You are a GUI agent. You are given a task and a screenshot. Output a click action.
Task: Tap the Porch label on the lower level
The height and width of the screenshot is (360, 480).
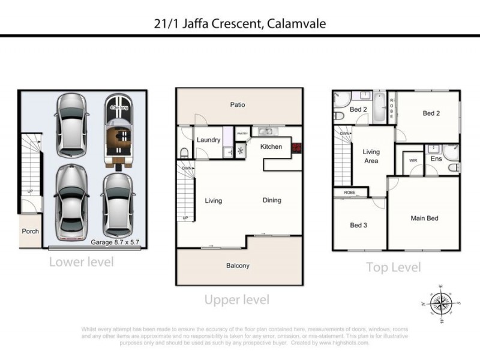[x=30, y=231]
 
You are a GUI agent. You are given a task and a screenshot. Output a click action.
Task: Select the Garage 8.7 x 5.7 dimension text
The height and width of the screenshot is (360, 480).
[x=115, y=244]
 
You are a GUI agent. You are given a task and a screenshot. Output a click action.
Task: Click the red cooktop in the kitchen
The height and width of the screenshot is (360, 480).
[x=295, y=146]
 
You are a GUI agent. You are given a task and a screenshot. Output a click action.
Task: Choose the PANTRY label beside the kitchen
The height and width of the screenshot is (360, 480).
[x=242, y=134]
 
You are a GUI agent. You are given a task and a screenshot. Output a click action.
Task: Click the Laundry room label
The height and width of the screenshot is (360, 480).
[x=208, y=140]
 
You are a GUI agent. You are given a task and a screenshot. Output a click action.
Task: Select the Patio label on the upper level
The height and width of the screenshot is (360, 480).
[x=238, y=105]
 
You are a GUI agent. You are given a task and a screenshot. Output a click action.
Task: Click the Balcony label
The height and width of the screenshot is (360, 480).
[x=238, y=265]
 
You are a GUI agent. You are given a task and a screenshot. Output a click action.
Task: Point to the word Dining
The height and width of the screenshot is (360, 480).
[x=272, y=200]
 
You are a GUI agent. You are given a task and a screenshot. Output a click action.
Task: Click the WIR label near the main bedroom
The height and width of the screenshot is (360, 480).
[x=413, y=161]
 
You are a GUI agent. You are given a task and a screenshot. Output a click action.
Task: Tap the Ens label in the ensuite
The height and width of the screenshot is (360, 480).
[x=436, y=159]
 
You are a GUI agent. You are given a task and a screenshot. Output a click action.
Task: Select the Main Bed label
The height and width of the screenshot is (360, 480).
[x=424, y=218]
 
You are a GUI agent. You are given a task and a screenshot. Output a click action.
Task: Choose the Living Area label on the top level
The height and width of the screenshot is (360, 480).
[x=371, y=156]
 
